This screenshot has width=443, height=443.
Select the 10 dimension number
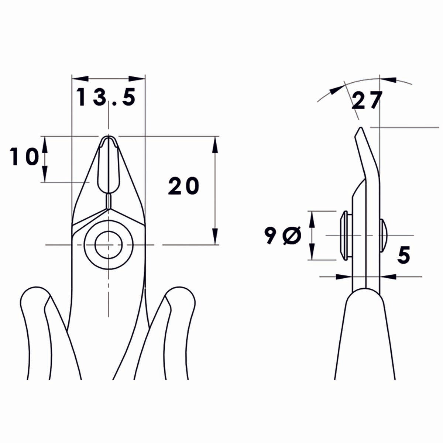(x=25, y=157)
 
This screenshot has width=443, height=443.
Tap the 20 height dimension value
(x=183, y=186)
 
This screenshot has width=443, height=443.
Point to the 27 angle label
(x=365, y=101)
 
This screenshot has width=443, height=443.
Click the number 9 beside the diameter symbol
(x=270, y=236)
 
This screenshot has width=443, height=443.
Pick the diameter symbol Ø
(x=292, y=236)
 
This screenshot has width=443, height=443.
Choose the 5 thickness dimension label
(x=404, y=255)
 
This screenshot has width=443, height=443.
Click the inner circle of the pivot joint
(x=109, y=244)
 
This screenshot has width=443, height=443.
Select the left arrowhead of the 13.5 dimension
(x=80, y=79)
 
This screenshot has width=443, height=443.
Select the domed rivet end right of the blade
(x=383, y=236)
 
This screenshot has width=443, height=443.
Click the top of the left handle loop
(x=35, y=288)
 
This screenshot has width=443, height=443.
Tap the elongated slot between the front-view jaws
(x=109, y=166)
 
